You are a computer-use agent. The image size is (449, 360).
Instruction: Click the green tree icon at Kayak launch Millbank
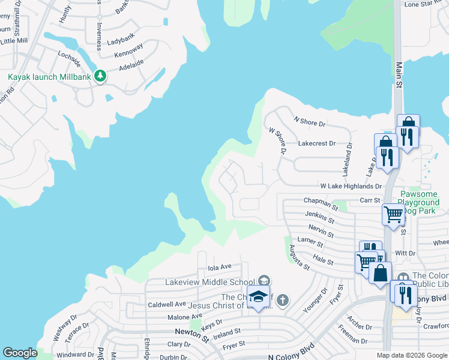pyautogui.click(x=101, y=76)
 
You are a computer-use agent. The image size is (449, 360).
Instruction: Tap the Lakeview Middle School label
pyautogui.click(x=209, y=282)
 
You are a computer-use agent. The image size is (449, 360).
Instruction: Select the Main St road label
pyautogui.click(x=398, y=75)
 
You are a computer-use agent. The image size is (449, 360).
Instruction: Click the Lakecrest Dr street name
pyautogui.click(x=317, y=144)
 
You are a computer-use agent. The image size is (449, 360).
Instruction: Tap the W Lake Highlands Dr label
pyautogui.click(x=351, y=187)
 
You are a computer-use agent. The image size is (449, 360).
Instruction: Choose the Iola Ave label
pyautogui.click(x=219, y=267)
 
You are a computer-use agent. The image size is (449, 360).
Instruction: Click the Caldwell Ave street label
pyautogui.click(x=167, y=305)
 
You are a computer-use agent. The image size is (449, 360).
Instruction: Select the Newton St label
pyautogui.click(x=191, y=332)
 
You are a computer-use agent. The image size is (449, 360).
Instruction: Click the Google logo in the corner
pyautogui.click(x=20, y=353)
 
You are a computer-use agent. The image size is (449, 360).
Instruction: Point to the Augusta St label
pyautogui.click(x=298, y=257)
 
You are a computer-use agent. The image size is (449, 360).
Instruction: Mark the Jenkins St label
pyautogui.click(x=318, y=219)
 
